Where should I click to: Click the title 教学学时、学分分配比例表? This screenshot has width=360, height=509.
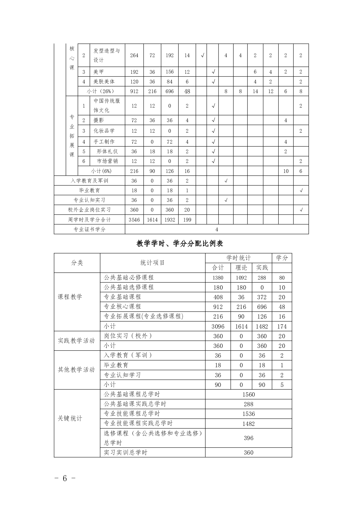[x=180, y=244]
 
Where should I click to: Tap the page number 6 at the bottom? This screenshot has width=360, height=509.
[x=64, y=478]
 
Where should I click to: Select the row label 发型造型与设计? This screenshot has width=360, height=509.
[x=107, y=55]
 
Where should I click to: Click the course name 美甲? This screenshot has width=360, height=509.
[x=99, y=72]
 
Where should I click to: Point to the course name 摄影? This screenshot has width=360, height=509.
[x=99, y=120]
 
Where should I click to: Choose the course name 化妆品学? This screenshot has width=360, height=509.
[x=104, y=131]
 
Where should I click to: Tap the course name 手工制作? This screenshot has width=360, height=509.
[x=104, y=142]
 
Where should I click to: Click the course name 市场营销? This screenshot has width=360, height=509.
[x=107, y=161]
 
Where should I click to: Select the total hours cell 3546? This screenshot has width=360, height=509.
[x=134, y=220]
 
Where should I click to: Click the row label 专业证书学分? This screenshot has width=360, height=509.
[x=89, y=229]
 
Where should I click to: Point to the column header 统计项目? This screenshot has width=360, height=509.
[x=152, y=263]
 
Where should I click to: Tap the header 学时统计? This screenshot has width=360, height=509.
[x=238, y=258]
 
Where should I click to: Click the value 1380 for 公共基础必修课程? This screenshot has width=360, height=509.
[x=218, y=278]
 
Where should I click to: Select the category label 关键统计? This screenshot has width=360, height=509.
[x=70, y=419]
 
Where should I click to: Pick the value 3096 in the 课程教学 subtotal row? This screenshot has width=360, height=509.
[x=218, y=326]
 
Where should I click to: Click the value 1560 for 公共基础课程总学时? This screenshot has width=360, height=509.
[x=248, y=394]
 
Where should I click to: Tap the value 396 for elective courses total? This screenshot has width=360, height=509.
[x=248, y=438]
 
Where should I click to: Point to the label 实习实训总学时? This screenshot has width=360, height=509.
[x=125, y=452]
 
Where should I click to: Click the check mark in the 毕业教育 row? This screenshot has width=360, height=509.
[x=301, y=190]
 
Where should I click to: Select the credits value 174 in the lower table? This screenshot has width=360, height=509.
[x=282, y=326]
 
